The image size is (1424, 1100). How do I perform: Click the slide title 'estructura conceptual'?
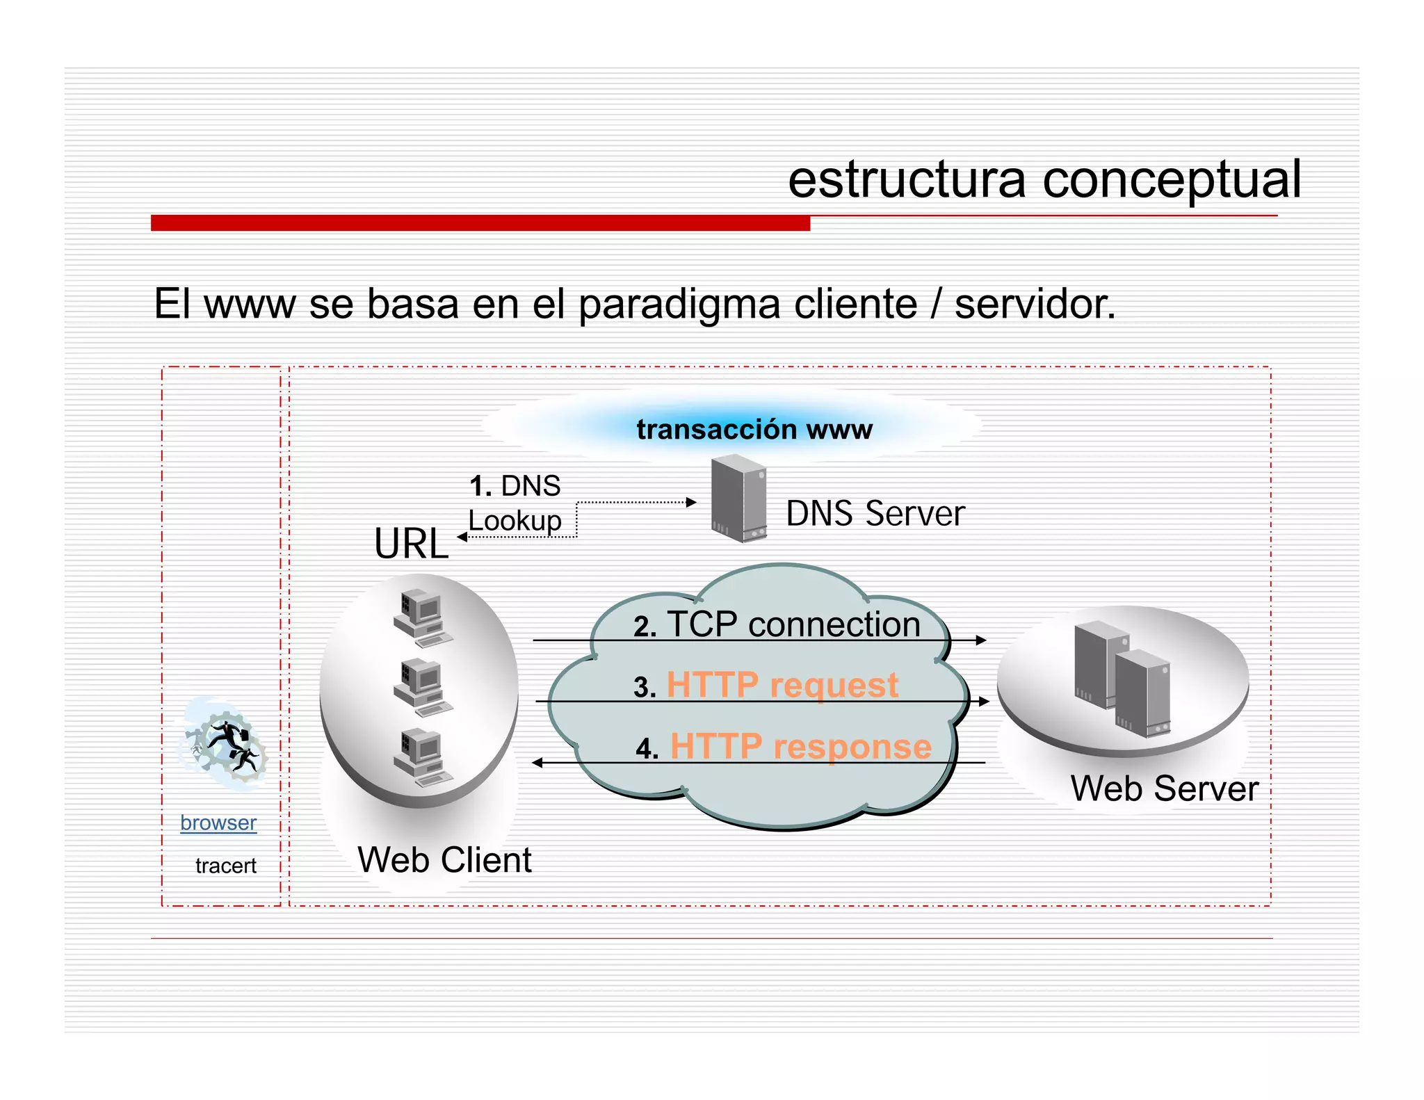(1044, 180)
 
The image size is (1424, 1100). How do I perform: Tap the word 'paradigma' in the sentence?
(678, 305)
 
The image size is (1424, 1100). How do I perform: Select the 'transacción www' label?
(754, 429)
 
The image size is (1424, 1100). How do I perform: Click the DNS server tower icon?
(738, 498)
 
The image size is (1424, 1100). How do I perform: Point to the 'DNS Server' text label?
(875, 514)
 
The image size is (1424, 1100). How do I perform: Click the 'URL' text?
(411, 544)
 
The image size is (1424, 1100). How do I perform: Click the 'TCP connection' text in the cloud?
(793, 624)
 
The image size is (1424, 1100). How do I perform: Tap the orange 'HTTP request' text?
(782, 685)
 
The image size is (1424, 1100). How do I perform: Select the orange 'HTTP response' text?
(800, 746)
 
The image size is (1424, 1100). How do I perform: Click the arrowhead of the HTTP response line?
(537, 763)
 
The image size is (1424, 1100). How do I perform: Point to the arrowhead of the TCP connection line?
(981, 640)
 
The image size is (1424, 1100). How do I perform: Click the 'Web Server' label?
(1164, 788)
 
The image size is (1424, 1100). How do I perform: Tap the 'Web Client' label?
(444, 860)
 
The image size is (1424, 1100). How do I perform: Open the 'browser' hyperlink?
(218, 823)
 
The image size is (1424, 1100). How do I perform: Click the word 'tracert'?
(225, 866)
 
